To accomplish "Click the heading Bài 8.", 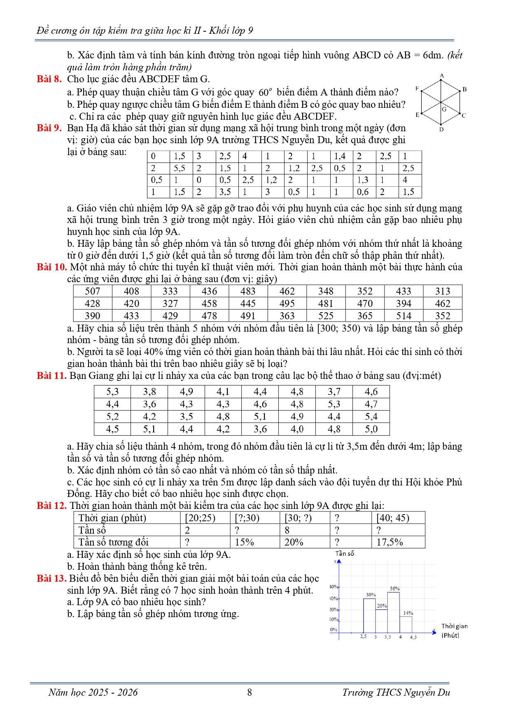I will click(49, 79).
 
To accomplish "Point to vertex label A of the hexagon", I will click(442, 76).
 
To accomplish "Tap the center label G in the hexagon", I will click(444, 109).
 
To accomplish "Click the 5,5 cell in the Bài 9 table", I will click(179, 168).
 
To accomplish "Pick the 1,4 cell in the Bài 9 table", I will click(340, 156).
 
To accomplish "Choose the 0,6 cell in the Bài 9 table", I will click(363, 192).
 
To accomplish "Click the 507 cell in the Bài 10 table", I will click(92, 291).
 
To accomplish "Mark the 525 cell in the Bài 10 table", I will click(326, 316).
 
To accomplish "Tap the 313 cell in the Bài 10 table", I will click(443, 291).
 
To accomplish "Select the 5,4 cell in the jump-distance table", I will click(371, 417).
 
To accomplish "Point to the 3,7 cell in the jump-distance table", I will click(334, 392).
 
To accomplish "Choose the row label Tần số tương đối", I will click(113, 542).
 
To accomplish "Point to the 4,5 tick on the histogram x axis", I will click(413, 637).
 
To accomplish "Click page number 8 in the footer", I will click(250, 692).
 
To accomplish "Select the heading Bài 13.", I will click(51, 578).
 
